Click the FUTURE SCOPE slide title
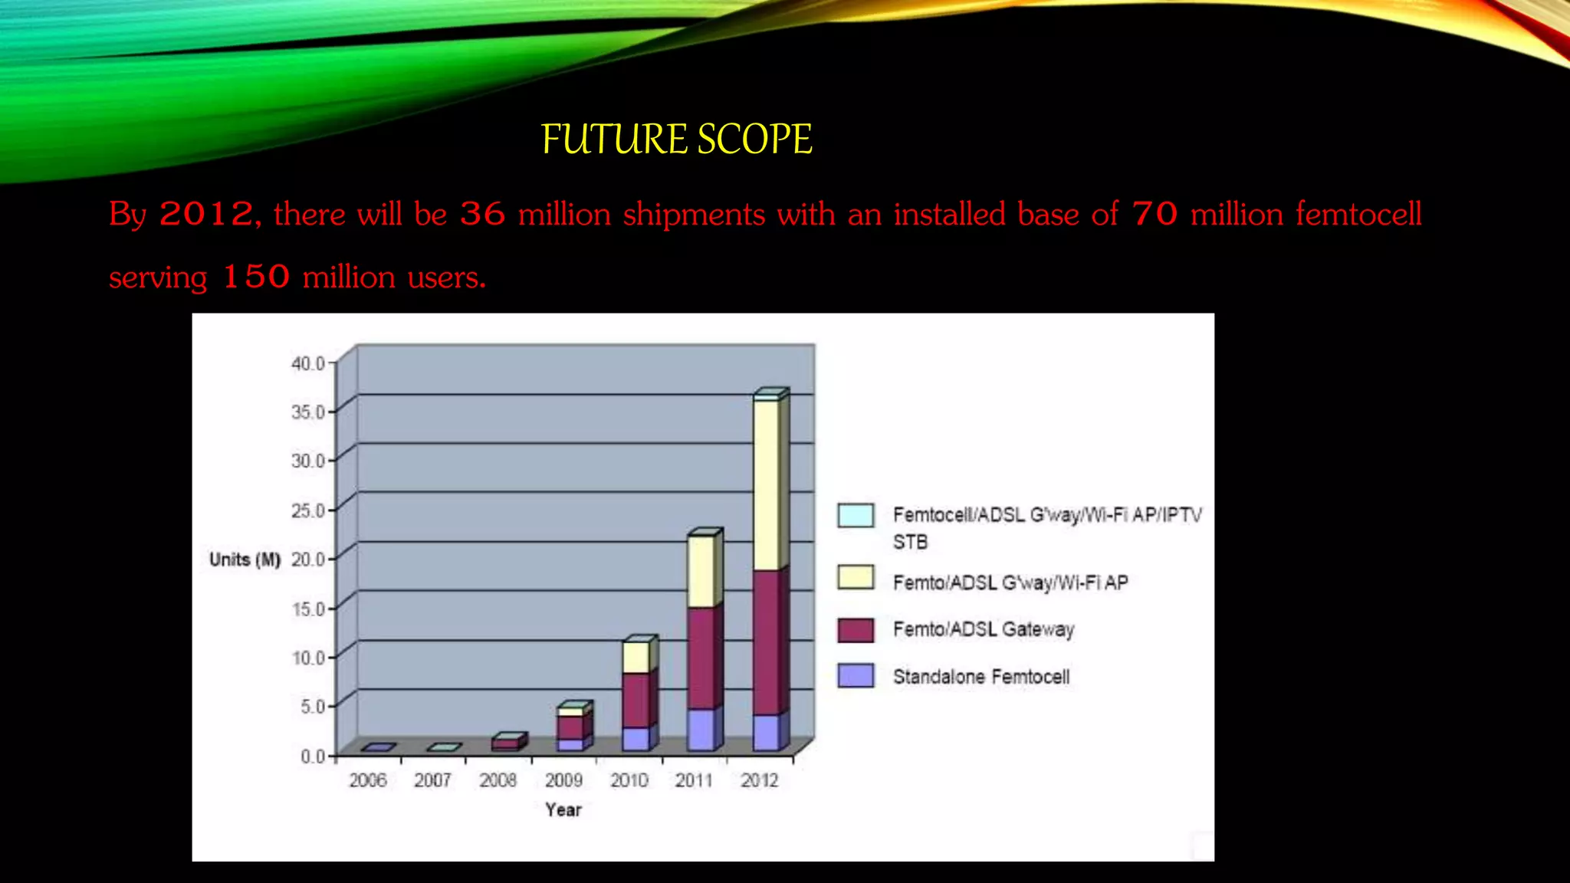[x=676, y=140]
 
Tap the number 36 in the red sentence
[x=482, y=214]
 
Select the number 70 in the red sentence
[x=1155, y=214]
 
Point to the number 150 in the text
[x=256, y=277]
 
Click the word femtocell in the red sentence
[x=1358, y=214]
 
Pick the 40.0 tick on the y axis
[x=308, y=363]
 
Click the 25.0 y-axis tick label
[x=308, y=510]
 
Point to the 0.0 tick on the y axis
[x=313, y=757]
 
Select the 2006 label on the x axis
[x=368, y=780]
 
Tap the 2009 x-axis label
[x=563, y=780]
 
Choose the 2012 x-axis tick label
[x=759, y=780]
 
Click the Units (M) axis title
[x=245, y=560]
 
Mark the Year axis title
[x=563, y=810]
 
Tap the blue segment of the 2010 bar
[x=636, y=738]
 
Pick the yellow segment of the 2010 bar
[x=636, y=658]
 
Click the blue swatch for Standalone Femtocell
[x=856, y=675]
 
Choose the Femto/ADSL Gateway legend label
[x=984, y=629]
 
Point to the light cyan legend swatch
[x=856, y=515]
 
